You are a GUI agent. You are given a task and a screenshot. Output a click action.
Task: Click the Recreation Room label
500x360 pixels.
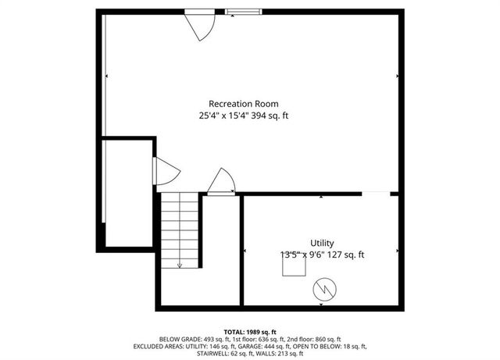click(x=243, y=104)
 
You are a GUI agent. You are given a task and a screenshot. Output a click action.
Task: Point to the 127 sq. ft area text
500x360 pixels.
click(x=345, y=255)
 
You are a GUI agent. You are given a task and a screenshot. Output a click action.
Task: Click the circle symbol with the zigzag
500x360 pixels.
click(x=322, y=290)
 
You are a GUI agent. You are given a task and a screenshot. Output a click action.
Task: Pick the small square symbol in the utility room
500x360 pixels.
click(x=295, y=268)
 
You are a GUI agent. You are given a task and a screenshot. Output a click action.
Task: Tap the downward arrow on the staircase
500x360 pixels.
click(x=180, y=263)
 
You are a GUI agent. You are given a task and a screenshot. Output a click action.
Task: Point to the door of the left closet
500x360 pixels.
click(x=165, y=172)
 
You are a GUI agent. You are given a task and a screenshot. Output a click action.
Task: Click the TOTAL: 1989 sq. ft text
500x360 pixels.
click(x=249, y=332)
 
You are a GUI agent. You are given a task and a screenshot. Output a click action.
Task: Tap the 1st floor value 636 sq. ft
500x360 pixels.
click(x=269, y=339)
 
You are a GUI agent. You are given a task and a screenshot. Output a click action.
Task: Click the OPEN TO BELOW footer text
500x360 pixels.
click(x=332, y=346)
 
